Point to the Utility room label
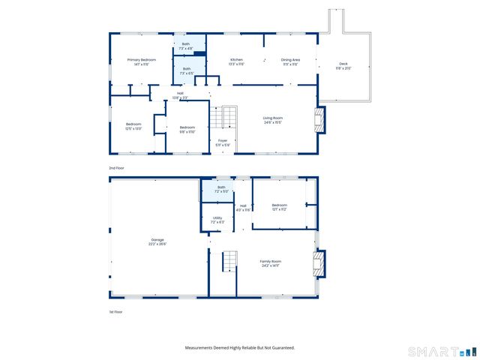coord(217,220)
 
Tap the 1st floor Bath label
coord(221,189)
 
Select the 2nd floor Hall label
coord(180,95)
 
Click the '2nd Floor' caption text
coord(116,168)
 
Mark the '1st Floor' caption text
coord(115,311)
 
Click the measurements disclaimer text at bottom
coord(240,347)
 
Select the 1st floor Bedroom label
coord(280,207)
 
